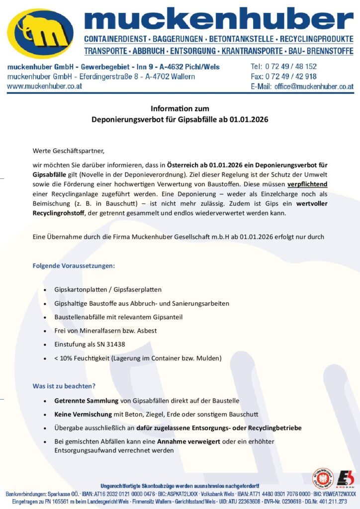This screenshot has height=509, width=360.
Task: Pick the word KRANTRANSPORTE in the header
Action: [251, 51]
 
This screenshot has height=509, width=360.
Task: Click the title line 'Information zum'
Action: [180, 108]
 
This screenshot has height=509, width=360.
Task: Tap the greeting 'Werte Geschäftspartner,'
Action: [69, 150]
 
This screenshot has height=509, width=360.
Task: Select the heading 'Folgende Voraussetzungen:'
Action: [74, 265]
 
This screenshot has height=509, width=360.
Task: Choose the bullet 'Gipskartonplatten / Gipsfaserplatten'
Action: [107, 289]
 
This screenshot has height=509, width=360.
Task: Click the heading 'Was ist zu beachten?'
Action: [64, 386]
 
